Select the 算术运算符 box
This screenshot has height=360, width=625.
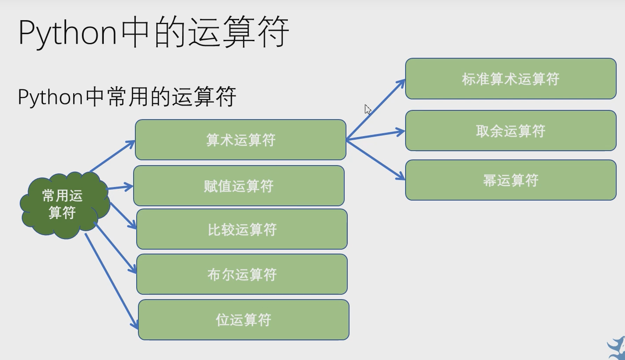point(240,140)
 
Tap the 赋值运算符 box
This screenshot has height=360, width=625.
point(239,186)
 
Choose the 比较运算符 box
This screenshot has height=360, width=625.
point(242,229)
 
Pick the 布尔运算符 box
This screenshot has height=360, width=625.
point(242,274)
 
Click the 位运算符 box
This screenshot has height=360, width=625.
point(244,320)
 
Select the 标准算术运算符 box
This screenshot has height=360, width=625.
point(511,79)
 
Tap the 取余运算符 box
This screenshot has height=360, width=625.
point(511,131)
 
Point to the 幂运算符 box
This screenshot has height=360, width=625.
point(511,180)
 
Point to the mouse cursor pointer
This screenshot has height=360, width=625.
point(367,109)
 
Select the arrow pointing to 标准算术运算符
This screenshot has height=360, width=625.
point(376,109)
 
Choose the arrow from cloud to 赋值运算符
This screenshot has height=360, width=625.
point(120,187)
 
